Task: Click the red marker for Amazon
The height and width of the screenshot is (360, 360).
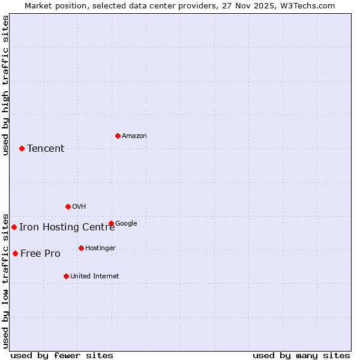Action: pyautogui.click(x=118, y=136)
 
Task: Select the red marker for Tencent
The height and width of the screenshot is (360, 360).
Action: pyautogui.click(x=22, y=148)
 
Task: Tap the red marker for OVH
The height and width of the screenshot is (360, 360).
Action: pyautogui.click(x=68, y=206)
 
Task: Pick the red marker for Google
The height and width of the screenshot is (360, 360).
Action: pyautogui.click(x=111, y=223)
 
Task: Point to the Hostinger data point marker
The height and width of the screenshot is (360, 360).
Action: pyautogui.click(x=81, y=248)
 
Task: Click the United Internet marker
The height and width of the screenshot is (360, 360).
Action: pyautogui.click(x=66, y=276)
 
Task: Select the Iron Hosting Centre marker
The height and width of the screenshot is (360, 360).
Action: pyautogui.click(x=14, y=227)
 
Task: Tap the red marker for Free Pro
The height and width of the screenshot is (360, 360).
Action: pyautogui.click(x=15, y=253)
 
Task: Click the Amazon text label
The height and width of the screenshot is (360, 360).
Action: pyautogui.click(x=134, y=136)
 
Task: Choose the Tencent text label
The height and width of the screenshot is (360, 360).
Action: pyautogui.click(x=46, y=149)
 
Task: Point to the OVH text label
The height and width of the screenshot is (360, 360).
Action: pyautogui.click(x=79, y=207)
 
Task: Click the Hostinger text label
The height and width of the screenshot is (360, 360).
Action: pyautogui.click(x=100, y=248)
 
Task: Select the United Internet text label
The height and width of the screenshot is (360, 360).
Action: pyautogui.click(x=94, y=277)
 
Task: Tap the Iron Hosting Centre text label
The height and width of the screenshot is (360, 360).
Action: pyautogui.click(x=67, y=227)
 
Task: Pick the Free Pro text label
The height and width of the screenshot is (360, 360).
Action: pyautogui.click(x=40, y=254)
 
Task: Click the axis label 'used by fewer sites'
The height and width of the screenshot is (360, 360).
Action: pyautogui.click(x=62, y=356)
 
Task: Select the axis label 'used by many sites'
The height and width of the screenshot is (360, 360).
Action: pyautogui.click(x=301, y=356)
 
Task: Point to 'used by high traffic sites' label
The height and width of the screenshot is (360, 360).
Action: pyautogui.click(x=5, y=85)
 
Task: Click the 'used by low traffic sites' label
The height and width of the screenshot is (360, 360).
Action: pyautogui.click(x=5, y=280)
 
